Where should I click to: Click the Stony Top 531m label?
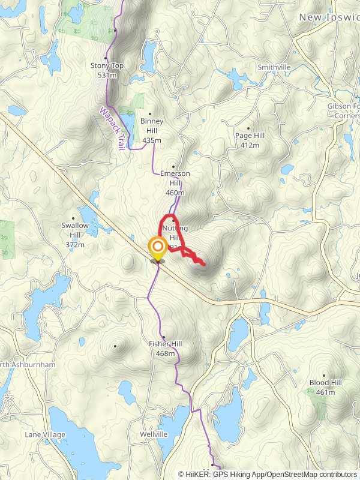pyautogui.click(x=103, y=70)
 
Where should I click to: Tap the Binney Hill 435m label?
pyautogui.click(x=152, y=130)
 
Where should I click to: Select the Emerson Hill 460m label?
pyautogui.click(x=175, y=182)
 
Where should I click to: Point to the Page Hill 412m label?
pyautogui.click(x=250, y=140)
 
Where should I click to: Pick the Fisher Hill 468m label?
pyautogui.click(x=165, y=349)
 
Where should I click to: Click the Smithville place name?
pyautogui.click(x=274, y=67)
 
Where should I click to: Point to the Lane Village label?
pyautogui.click(x=45, y=434)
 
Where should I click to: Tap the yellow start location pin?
pyautogui.click(x=157, y=248)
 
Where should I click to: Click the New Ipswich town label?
pyautogui.click(x=329, y=18)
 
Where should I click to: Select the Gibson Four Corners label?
pyautogui.click(x=343, y=110)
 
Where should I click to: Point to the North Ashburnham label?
pyautogui.click(x=27, y=365)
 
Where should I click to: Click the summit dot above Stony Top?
pyautogui.click(x=115, y=30)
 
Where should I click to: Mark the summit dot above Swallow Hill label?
pyautogui.click(x=74, y=218)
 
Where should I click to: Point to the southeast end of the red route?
pyautogui.click(x=205, y=264)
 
